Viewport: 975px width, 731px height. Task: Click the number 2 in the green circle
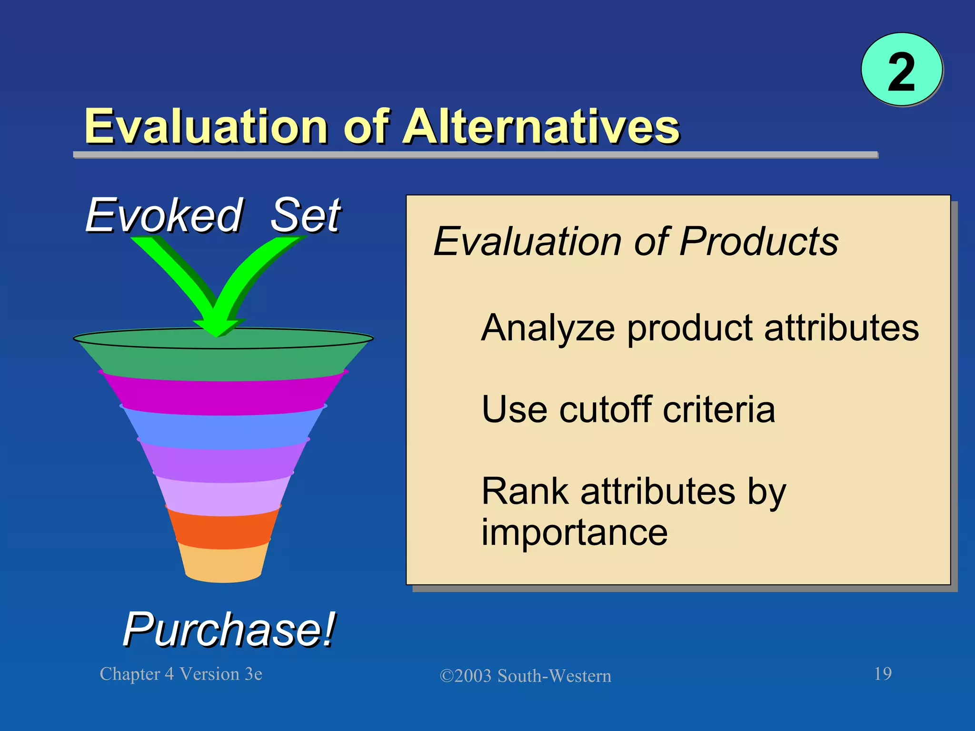(901, 72)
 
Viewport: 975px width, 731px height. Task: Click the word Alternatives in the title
(541, 127)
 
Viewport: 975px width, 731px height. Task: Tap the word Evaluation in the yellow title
(206, 127)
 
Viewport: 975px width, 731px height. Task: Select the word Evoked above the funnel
(164, 215)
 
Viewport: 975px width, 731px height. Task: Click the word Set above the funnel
(306, 215)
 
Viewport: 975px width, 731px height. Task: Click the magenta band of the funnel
(223, 396)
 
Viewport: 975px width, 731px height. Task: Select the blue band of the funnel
(223, 431)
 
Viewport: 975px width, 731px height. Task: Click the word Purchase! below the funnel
(229, 629)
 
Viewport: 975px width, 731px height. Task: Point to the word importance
(574, 532)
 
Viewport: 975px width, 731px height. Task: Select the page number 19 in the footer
(883, 673)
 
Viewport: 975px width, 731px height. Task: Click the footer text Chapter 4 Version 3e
(181, 674)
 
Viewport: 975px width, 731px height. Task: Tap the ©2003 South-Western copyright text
(525, 676)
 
